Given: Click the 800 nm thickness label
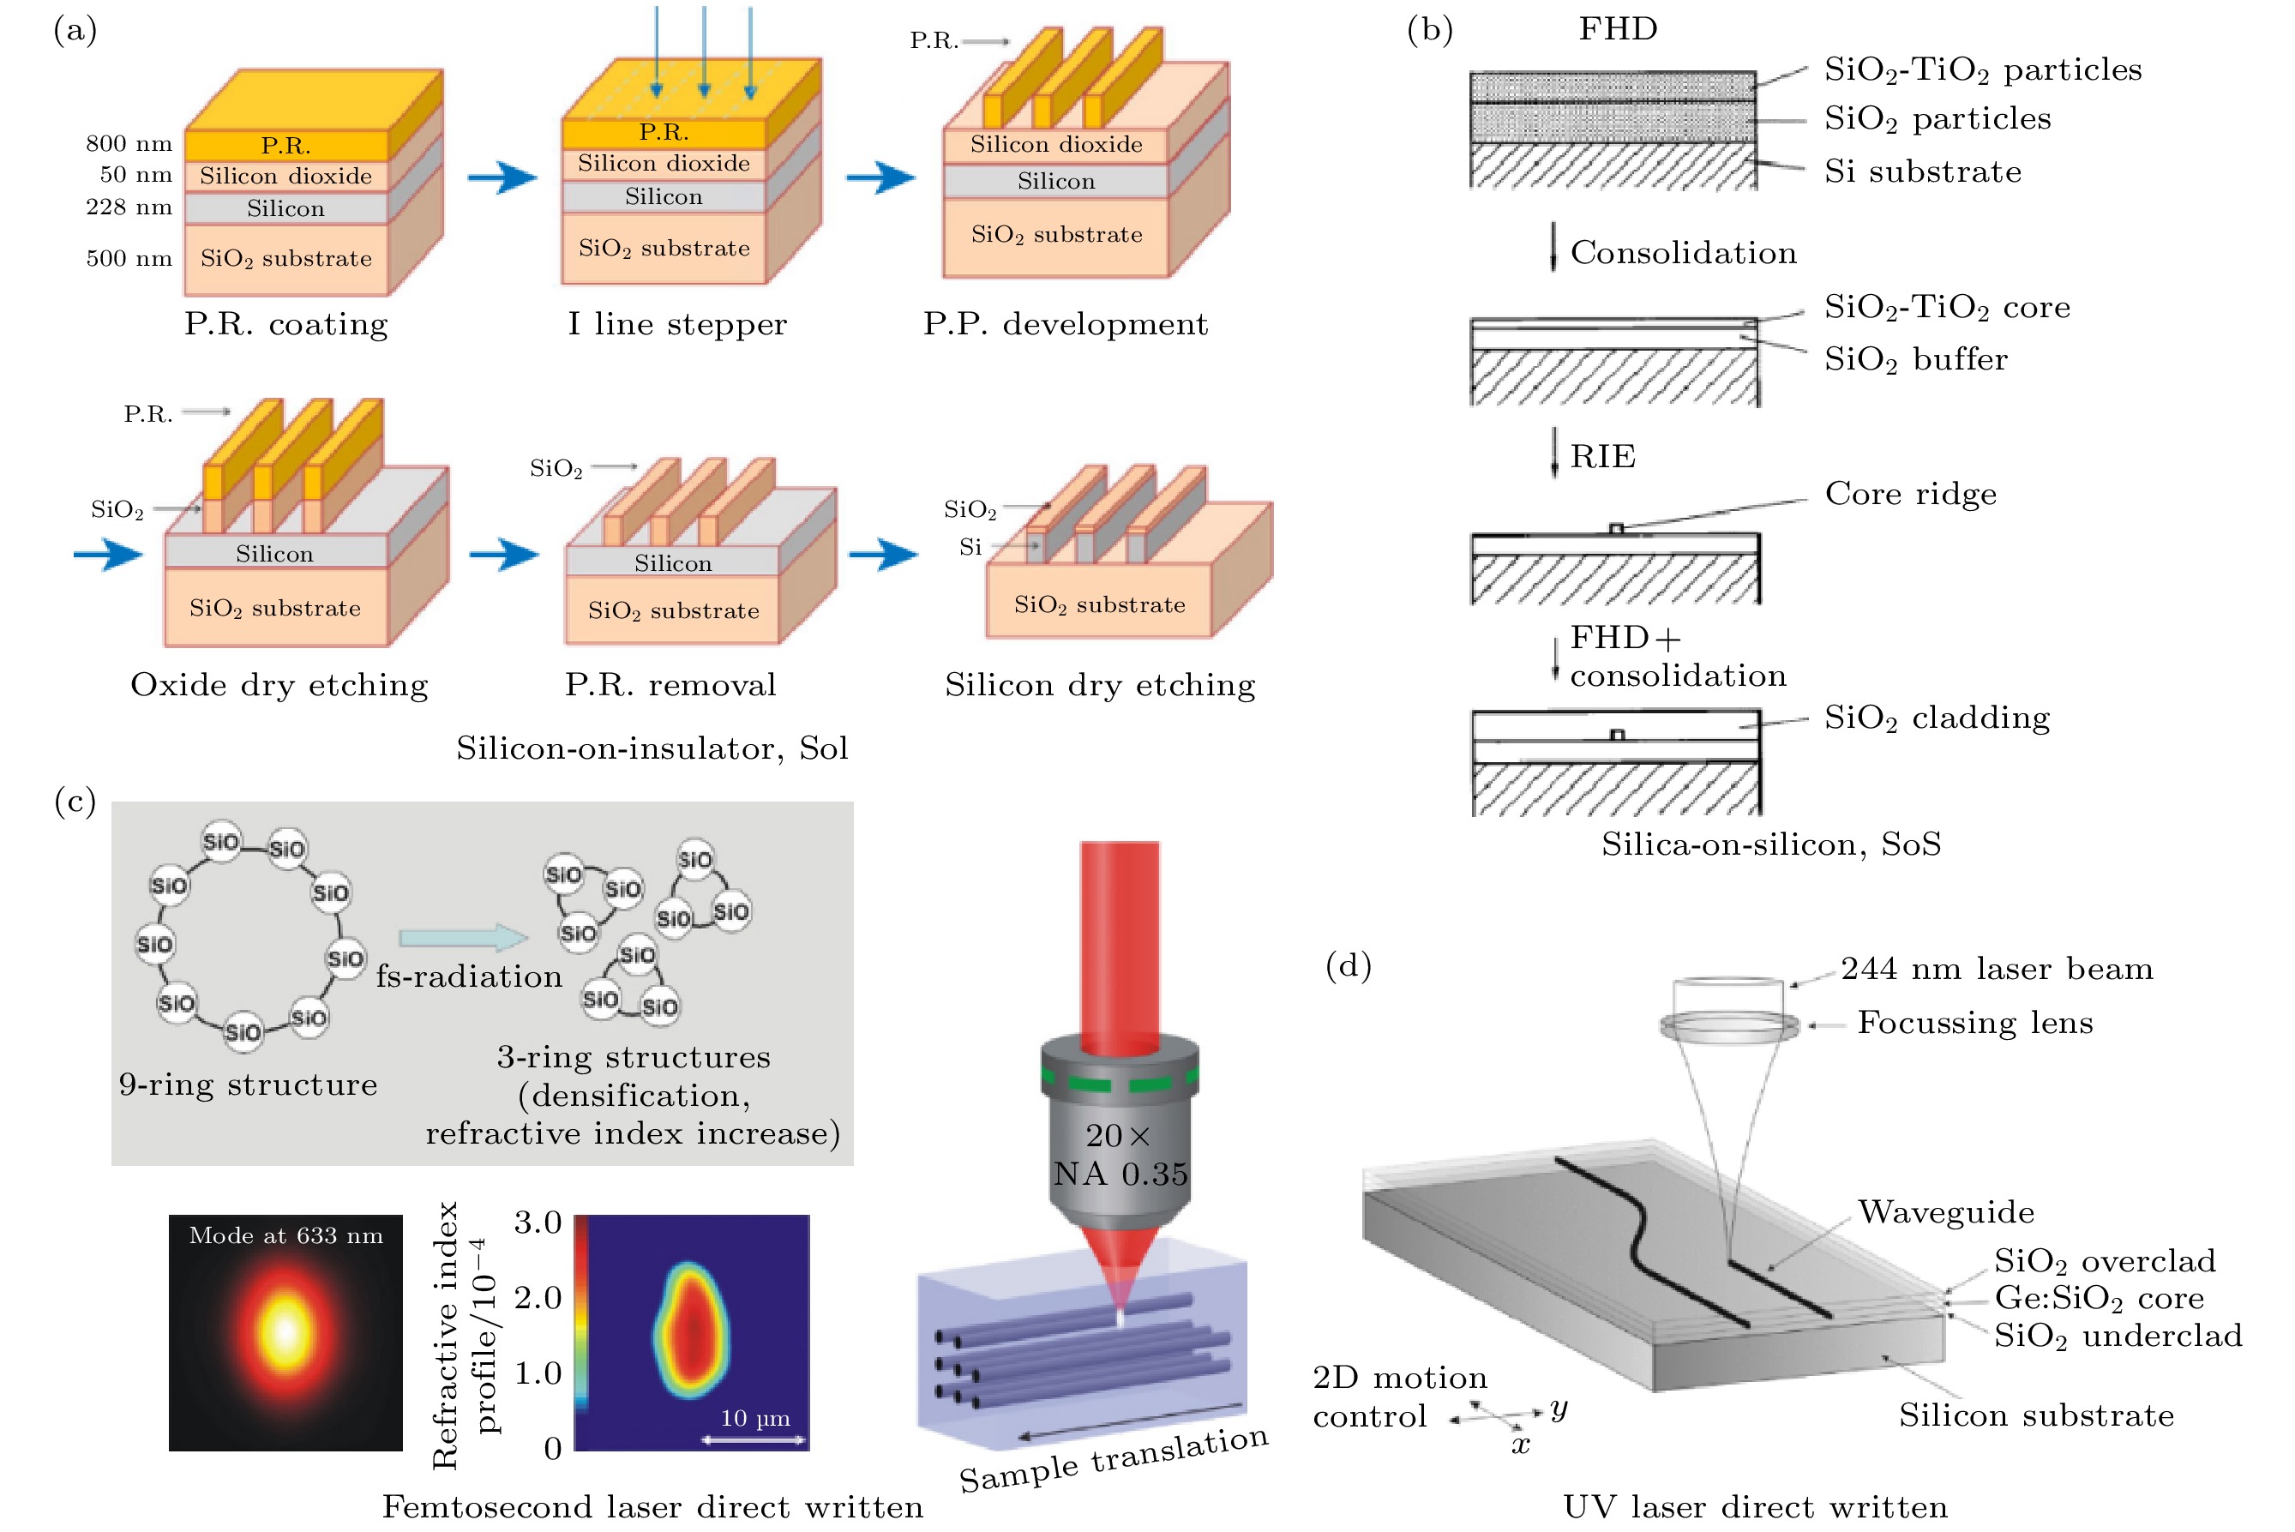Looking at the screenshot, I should [128, 144].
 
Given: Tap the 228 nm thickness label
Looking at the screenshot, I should [128, 207].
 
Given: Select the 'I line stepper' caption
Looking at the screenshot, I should [677, 323].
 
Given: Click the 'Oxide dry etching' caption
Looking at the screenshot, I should [279, 685].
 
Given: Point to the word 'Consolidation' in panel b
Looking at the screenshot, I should [1682, 253].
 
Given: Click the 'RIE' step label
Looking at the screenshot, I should [1602, 456].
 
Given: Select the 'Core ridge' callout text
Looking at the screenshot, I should [1910, 494].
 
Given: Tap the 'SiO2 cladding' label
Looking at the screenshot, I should [1937, 718].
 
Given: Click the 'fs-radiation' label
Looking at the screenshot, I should [469, 976].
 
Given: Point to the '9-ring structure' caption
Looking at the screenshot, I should [248, 1084].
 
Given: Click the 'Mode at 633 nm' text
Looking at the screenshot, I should [285, 1236].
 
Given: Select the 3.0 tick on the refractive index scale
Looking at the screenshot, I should [538, 1223].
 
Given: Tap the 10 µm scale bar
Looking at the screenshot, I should [754, 1439].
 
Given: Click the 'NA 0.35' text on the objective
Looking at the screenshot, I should [1120, 1174].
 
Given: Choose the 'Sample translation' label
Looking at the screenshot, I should [1113, 1459].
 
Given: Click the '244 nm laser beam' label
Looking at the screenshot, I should [1996, 968].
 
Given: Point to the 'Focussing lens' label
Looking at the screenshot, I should [1974, 1023].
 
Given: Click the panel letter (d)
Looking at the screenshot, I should [1349, 965].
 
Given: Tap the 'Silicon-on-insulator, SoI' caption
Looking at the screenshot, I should [652, 748].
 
